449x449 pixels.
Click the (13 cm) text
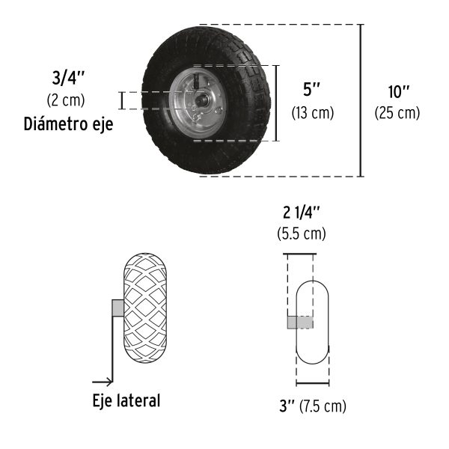(312, 112)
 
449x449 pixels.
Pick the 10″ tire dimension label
(398, 92)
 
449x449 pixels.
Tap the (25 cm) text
(397, 113)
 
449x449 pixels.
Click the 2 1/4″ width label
(302, 212)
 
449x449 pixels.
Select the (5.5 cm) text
(302, 233)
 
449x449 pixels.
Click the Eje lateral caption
(126, 400)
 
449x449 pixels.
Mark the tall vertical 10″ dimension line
(362, 101)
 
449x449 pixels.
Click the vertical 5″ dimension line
(278, 103)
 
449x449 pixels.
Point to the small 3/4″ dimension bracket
(121, 101)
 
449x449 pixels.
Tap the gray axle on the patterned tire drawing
(117, 308)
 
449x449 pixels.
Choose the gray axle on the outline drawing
(299, 322)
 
